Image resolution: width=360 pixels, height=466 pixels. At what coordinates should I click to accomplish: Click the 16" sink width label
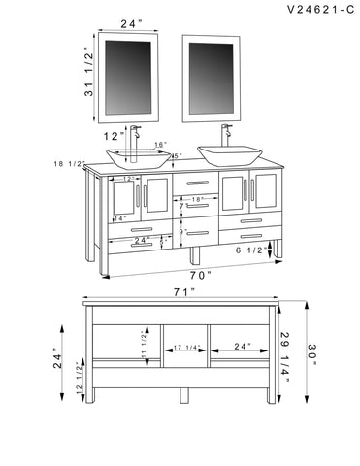[160, 144]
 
